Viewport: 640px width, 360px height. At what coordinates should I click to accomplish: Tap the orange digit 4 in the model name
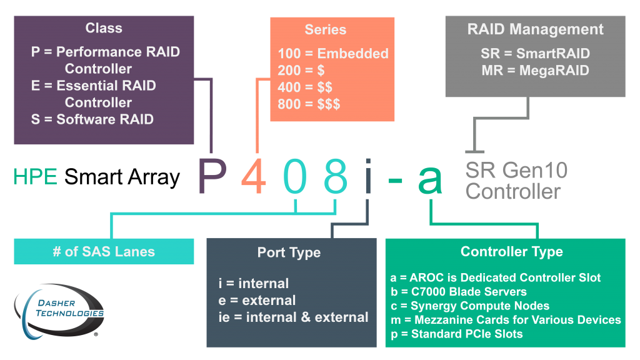tap(254, 177)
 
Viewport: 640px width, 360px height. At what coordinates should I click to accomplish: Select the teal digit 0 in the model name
tap(295, 177)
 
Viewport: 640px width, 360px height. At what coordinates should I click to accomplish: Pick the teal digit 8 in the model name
tap(336, 177)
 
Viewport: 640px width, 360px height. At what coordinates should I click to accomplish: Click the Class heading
tap(104, 28)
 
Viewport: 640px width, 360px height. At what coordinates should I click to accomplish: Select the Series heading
tap(325, 29)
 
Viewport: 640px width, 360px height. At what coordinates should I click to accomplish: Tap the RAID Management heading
tap(535, 29)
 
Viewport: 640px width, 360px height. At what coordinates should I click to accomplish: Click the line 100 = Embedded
tap(332, 54)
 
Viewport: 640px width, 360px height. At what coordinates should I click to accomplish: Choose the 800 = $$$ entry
tap(309, 104)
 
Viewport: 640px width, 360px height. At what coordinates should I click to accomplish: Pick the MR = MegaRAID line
tap(535, 71)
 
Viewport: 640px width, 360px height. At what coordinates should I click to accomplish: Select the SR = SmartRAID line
tap(535, 54)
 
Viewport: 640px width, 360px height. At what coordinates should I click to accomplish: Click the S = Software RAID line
tap(92, 119)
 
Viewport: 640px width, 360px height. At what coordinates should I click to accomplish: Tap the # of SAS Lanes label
tap(104, 252)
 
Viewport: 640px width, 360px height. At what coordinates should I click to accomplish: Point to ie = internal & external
tap(293, 317)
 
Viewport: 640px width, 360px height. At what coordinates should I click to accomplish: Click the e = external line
tap(257, 301)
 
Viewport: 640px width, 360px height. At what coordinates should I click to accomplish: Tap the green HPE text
tap(35, 177)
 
